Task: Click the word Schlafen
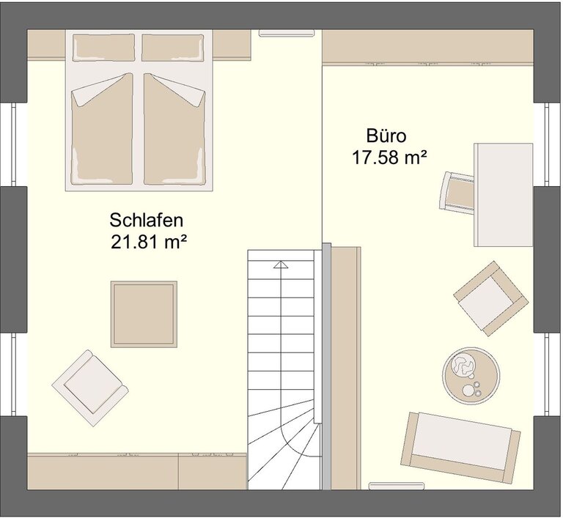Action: pyautogui.click(x=146, y=221)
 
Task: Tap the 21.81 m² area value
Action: pyautogui.click(x=149, y=242)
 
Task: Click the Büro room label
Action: pyautogui.click(x=386, y=136)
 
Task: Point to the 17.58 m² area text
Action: pyautogui.click(x=389, y=158)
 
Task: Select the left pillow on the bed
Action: pyautogui.click(x=104, y=48)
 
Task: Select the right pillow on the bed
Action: pyautogui.click(x=173, y=48)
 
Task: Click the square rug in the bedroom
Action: pyautogui.click(x=144, y=314)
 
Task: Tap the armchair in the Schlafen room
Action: pyautogui.click(x=90, y=388)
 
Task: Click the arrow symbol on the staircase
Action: pyautogui.click(x=281, y=264)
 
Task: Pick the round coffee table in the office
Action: pyautogui.click(x=471, y=374)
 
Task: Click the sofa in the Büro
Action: pyautogui.click(x=460, y=448)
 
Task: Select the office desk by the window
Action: pyautogui.click(x=504, y=195)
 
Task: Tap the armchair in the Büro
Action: pyautogui.click(x=491, y=298)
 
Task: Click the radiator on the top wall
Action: pyautogui.click(x=287, y=33)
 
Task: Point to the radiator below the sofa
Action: pyautogui.click(x=397, y=486)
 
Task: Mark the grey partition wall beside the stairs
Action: pyautogui.click(x=326, y=366)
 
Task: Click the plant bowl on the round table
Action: pyautogui.click(x=463, y=365)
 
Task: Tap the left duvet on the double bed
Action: pyautogui.click(x=103, y=129)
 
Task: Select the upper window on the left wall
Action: pyautogui.click(x=14, y=144)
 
